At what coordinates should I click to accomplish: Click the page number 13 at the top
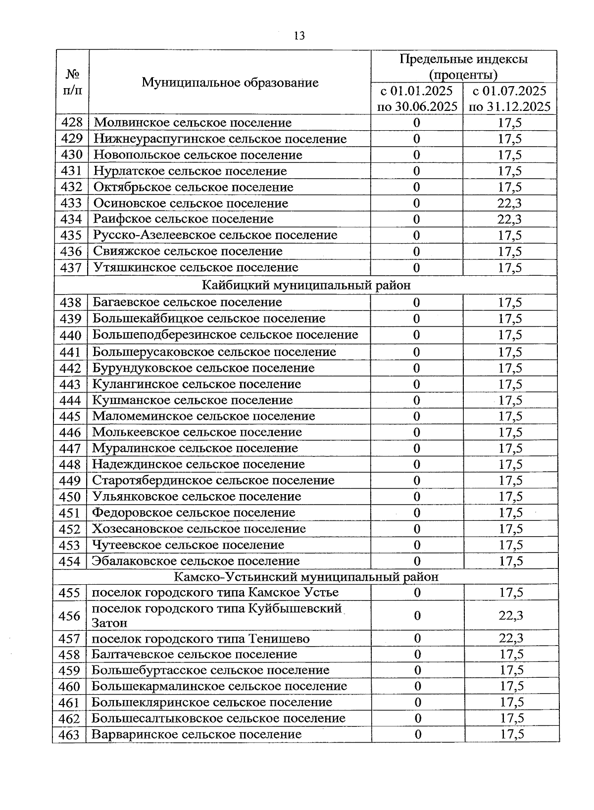click(x=299, y=36)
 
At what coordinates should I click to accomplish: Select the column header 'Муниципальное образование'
click(x=230, y=82)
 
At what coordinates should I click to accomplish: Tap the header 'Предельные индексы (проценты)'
click(x=463, y=67)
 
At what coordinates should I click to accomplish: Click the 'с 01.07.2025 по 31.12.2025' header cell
click(x=509, y=99)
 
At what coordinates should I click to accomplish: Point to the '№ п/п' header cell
click(x=72, y=82)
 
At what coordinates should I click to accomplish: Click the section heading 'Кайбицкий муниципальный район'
click(x=306, y=285)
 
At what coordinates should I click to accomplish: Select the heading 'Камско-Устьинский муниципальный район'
click(x=306, y=577)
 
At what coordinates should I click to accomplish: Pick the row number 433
click(x=71, y=203)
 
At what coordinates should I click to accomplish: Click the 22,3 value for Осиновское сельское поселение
click(x=509, y=203)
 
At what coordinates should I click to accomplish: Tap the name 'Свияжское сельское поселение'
click(x=188, y=251)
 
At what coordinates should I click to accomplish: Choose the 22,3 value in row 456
click(x=511, y=615)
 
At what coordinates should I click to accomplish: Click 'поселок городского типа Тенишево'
click(x=200, y=639)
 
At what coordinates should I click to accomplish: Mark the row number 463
click(x=69, y=735)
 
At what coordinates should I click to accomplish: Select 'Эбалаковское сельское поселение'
click(x=196, y=561)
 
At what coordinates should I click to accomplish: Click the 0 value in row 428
click(x=416, y=123)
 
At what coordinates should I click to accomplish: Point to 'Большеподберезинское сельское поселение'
click(x=225, y=335)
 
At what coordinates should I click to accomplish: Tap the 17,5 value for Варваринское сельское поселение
click(x=512, y=734)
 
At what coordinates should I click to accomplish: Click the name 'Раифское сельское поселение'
click(x=183, y=219)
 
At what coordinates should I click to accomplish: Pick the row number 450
click(x=70, y=497)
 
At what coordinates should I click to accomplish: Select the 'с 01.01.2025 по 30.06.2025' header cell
click(x=417, y=99)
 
